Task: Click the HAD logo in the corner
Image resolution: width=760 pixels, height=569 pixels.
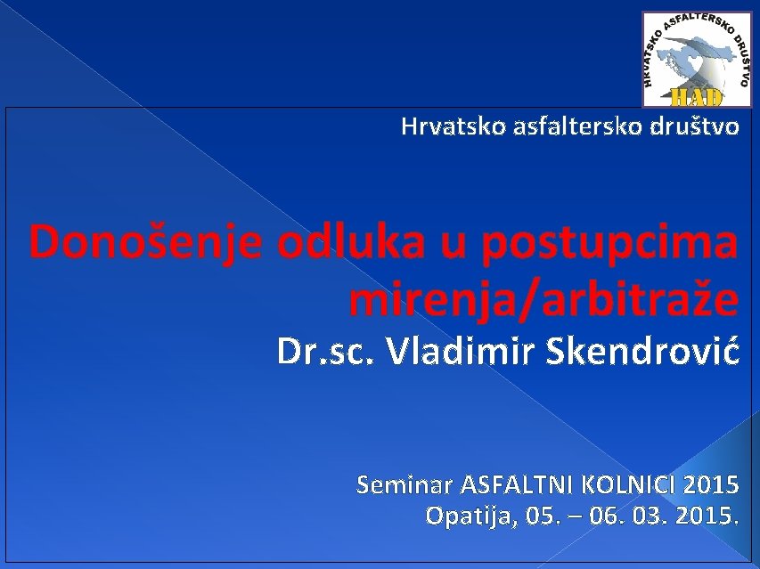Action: coord(697,60)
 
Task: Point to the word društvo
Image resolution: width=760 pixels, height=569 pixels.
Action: coord(698,127)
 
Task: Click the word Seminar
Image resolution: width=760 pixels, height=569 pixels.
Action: coord(405,485)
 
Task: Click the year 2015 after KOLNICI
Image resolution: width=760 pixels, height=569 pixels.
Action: coord(713,485)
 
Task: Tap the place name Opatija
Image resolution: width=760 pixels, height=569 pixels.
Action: coord(468,516)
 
